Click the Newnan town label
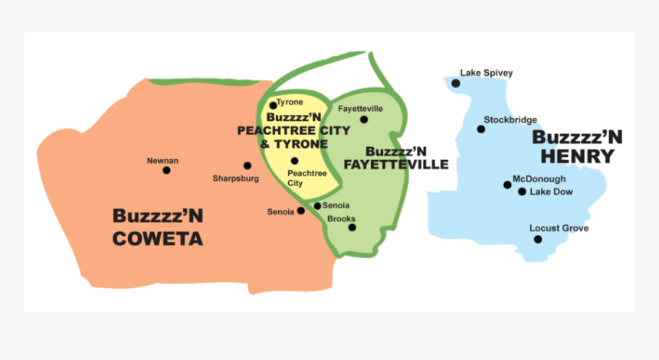tap(162, 160)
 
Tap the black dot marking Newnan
tap(166, 170)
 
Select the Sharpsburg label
tap(236, 178)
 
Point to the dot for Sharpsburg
tap(247, 165)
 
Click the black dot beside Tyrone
tap(273, 106)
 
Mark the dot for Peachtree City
tap(294, 161)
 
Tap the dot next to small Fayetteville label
tap(364, 119)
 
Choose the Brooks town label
tap(341, 219)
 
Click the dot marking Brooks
tap(352, 227)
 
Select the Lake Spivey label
tap(486, 74)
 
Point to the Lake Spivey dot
tap(456, 83)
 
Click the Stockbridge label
tap(510, 119)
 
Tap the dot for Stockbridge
tap(481, 129)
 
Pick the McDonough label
tap(539, 178)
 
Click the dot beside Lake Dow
tap(522, 191)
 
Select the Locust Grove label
tap(559, 228)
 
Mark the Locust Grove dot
tap(538, 239)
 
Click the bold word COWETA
tap(158, 239)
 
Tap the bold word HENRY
tap(577, 157)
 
